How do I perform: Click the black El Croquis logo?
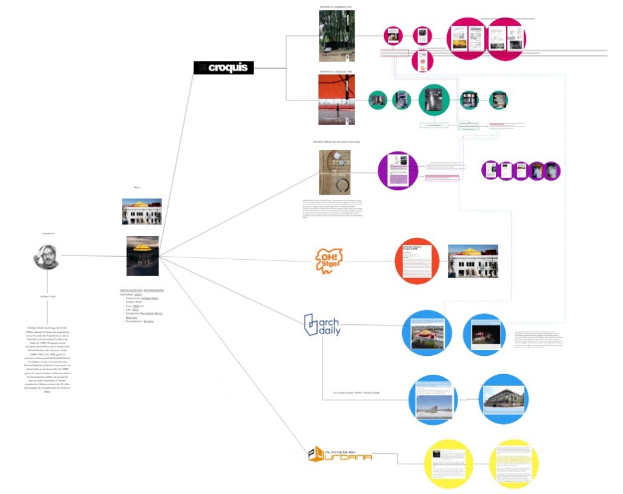(223, 68)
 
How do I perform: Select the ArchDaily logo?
(322, 325)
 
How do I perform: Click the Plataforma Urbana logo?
(339, 455)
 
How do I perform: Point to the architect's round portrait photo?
(46, 257)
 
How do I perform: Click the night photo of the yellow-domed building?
(142, 256)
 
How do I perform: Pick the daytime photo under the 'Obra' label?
(142, 211)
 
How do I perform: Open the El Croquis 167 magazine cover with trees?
(336, 36)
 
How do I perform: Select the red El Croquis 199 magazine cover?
(336, 100)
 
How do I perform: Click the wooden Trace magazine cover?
(335, 172)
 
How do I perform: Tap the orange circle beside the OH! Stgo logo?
(417, 261)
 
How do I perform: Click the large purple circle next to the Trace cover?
(399, 171)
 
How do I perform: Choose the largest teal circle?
(434, 100)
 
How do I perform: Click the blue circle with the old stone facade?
(503, 399)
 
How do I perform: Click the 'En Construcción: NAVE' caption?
(356, 392)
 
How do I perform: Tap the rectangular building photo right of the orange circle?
(473, 261)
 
